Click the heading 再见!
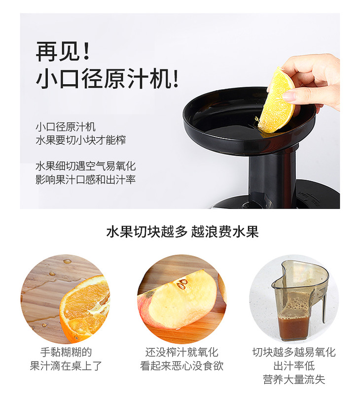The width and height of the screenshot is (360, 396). pyautogui.click(x=63, y=51)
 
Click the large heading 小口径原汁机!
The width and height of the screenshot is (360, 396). pyautogui.click(x=107, y=78)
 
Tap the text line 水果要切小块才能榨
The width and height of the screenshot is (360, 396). pyautogui.click(x=81, y=140)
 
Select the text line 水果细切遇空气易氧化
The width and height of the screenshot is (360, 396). pyautogui.click(x=86, y=166)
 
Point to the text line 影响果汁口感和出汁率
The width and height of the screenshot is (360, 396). pyautogui.click(x=86, y=180)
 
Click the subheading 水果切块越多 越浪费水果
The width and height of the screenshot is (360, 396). pyautogui.click(x=182, y=231)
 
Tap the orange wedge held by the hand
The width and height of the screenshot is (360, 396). pyautogui.click(x=277, y=101)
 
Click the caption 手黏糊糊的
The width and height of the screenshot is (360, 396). pyautogui.click(x=66, y=352)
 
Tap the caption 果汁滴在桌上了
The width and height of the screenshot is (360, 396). pyautogui.click(x=66, y=365)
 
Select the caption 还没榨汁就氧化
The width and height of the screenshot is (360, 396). pyautogui.click(x=182, y=352)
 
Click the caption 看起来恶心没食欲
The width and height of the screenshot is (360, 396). pyautogui.click(x=182, y=365)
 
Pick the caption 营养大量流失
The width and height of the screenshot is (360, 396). pyautogui.click(x=294, y=379)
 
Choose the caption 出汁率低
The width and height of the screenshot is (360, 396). pyautogui.click(x=294, y=365)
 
